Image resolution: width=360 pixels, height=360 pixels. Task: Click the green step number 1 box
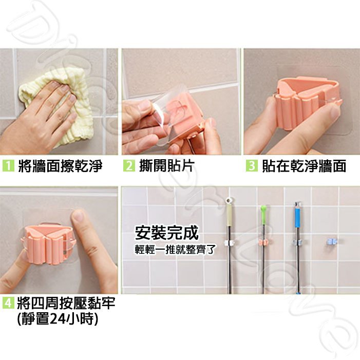coord(8,166)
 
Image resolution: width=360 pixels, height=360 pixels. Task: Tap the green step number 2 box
coord(129,166)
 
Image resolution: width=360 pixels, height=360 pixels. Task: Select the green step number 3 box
coord(252,166)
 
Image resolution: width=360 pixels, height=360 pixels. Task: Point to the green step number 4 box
coord(8,303)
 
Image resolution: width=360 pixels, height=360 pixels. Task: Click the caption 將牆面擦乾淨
coord(60,166)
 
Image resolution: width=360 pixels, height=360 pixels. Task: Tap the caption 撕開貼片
coord(167,166)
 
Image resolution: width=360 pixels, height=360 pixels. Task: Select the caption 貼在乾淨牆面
coord(304,166)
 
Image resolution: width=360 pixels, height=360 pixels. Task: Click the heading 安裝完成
coord(167,233)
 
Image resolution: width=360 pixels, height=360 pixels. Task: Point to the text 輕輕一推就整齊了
coord(175,250)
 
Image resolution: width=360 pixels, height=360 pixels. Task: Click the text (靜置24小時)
coord(58,319)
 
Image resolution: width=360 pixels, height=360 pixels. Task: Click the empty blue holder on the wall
coord(332,242)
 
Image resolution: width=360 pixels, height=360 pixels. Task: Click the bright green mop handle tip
coord(263,210)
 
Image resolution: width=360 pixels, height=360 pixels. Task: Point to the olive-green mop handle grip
coord(230,215)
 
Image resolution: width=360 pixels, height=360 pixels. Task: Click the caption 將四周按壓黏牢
coord(66,303)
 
